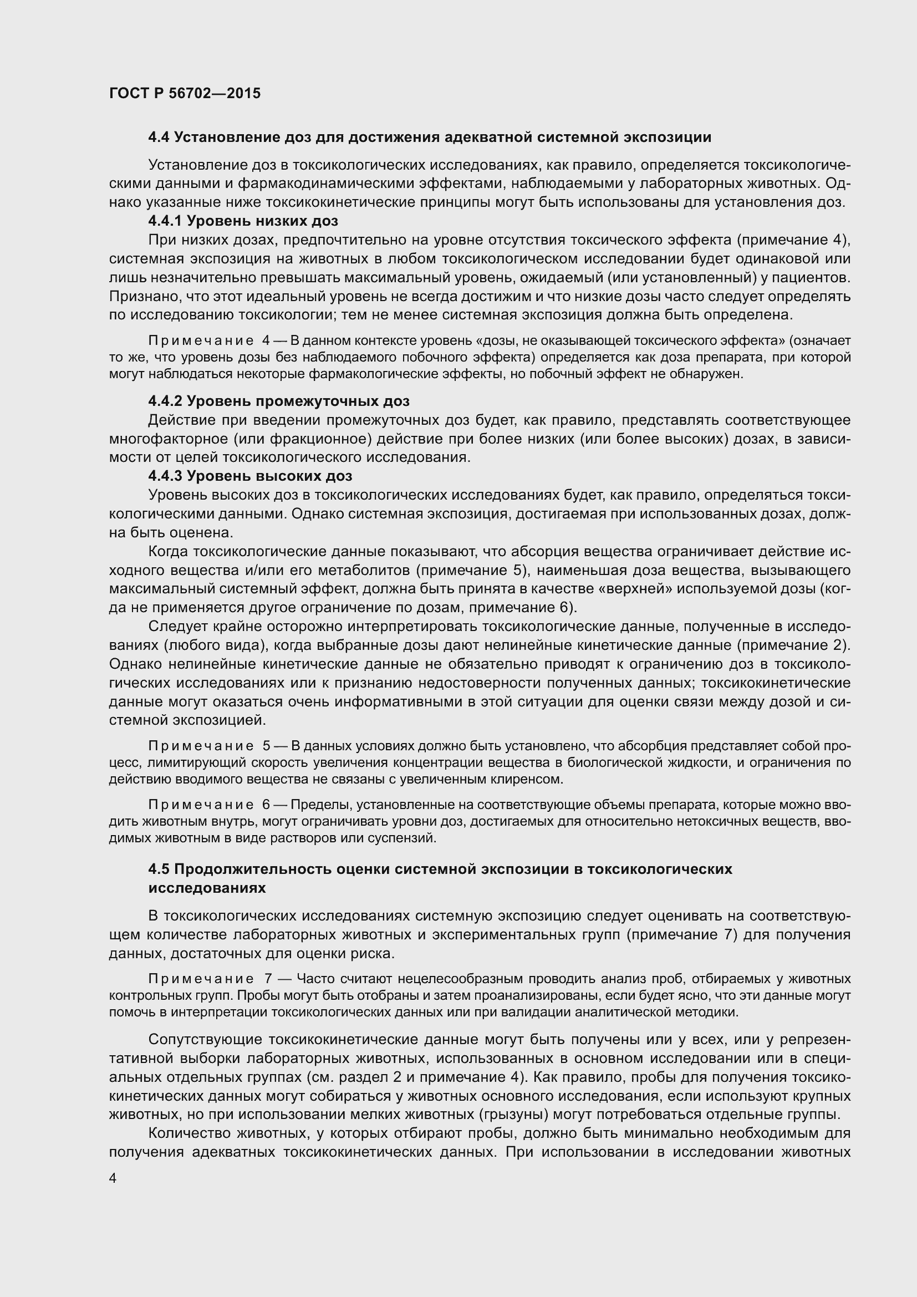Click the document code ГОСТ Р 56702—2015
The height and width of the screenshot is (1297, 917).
pyautogui.click(x=185, y=94)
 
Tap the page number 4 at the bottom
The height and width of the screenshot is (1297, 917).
pyautogui.click(x=113, y=1178)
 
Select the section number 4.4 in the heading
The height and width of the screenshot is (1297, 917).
pyautogui.click(x=159, y=138)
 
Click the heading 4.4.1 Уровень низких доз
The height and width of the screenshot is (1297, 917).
pyautogui.click(x=243, y=221)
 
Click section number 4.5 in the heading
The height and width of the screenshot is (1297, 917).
pyautogui.click(x=159, y=869)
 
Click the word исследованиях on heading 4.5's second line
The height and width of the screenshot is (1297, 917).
pyautogui.click(x=207, y=888)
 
